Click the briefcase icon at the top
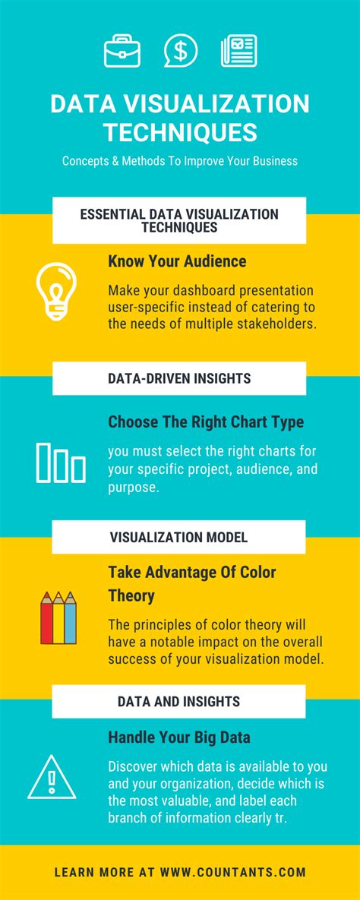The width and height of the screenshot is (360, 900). click(x=122, y=51)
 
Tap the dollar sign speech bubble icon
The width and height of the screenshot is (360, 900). click(x=180, y=51)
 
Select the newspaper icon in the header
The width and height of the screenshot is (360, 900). click(x=238, y=51)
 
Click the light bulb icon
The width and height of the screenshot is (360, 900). click(x=56, y=291)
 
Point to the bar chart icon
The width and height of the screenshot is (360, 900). click(x=61, y=462)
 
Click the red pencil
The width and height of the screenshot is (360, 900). click(x=46, y=617)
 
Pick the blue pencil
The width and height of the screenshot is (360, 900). click(x=70, y=617)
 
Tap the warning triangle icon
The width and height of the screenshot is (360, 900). click(x=52, y=777)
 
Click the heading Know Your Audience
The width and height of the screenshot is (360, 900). click(x=177, y=262)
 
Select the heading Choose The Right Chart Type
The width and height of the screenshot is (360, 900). click(x=206, y=422)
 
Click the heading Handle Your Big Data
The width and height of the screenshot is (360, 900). click(x=179, y=737)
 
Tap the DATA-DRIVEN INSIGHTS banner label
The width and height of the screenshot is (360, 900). click(x=179, y=378)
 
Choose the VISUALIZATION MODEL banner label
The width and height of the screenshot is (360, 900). click(x=178, y=537)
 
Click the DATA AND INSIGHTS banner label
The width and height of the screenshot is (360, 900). click(x=178, y=702)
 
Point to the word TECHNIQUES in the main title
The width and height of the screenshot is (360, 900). click(x=180, y=132)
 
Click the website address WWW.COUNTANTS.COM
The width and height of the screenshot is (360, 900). click(x=233, y=873)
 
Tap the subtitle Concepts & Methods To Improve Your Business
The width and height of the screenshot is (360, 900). click(x=180, y=161)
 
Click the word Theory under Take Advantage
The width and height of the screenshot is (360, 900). click(x=131, y=595)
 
